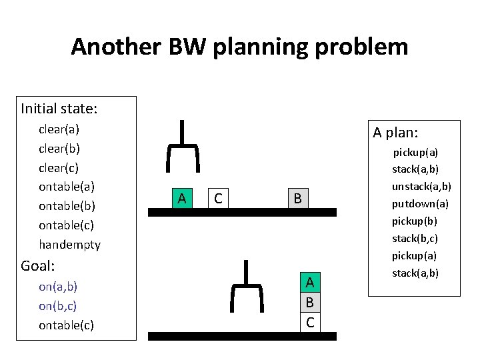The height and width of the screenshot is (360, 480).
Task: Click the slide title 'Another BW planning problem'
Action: click(x=239, y=47)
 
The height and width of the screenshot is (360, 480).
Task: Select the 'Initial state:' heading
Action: click(x=59, y=108)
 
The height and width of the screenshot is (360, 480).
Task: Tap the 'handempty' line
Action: click(x=69, y=245)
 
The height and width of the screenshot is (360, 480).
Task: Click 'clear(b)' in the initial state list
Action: click(x=59, y=148)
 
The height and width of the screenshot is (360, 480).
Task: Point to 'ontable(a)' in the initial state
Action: click(x=67, y=187)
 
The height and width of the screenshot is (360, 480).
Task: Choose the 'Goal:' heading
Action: click(x=37, y=266)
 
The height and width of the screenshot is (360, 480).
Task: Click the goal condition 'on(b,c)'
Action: click(x=58, y=306)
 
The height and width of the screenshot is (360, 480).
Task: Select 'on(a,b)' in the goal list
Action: click(x=58, y=287)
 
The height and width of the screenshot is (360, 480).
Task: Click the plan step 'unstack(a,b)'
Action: click(x=421, y=186)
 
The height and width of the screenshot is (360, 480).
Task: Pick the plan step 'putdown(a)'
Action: click(x=420, y=203)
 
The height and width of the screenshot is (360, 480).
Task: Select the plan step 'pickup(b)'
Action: click(x=415, y=221)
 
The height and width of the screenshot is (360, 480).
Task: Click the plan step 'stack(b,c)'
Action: click(x=415, y=238)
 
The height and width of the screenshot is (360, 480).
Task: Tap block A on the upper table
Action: click(x=181, y=198)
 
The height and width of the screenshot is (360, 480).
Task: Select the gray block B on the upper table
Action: click(x=297, y=198)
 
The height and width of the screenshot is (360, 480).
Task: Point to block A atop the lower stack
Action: click(x=310, y=283)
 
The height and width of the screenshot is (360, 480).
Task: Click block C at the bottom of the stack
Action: click(x=310, y=322)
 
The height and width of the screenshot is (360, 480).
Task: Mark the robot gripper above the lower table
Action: click(x=246, y=287)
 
